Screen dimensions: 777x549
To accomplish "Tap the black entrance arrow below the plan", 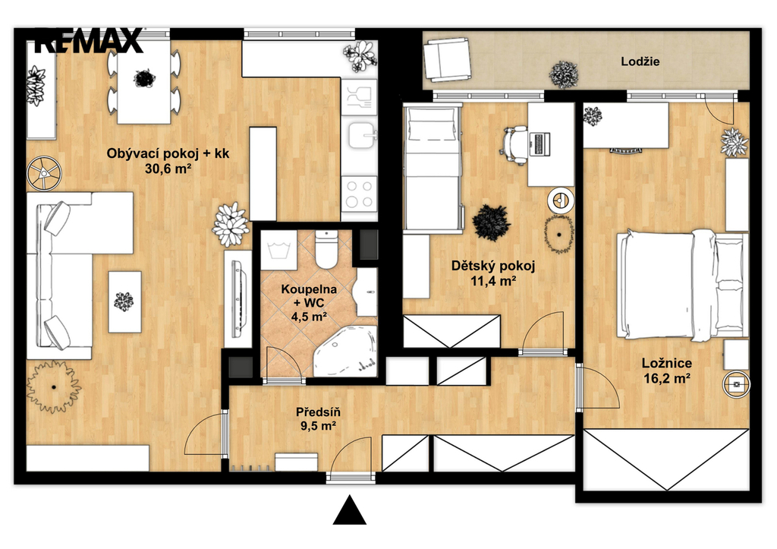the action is (x=350, y=510).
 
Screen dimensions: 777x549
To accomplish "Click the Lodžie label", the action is (x=640, y=62).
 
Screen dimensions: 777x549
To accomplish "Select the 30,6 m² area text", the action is (x=168, y=169).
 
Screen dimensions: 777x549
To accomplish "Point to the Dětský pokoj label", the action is (x=493, y=267).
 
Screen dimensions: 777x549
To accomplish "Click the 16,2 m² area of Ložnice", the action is (x=667, y=379).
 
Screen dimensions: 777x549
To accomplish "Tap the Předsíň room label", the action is (x=318, y=412).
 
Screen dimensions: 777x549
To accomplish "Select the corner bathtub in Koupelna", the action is (x=345, y=351).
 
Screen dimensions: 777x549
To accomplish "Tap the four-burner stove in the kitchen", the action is (x=359, y=194).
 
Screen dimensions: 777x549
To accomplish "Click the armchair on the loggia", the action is (x=447, y=61).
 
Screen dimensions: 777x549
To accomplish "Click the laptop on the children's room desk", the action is (x=539, y=144).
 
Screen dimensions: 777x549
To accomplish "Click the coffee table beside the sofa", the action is (x=125, y=301).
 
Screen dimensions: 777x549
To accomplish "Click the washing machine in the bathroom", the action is (x=278, y=251).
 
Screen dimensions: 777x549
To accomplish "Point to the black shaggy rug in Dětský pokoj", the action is (x=491, y=222).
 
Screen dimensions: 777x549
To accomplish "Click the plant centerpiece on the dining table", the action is (x=144, y=78).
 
